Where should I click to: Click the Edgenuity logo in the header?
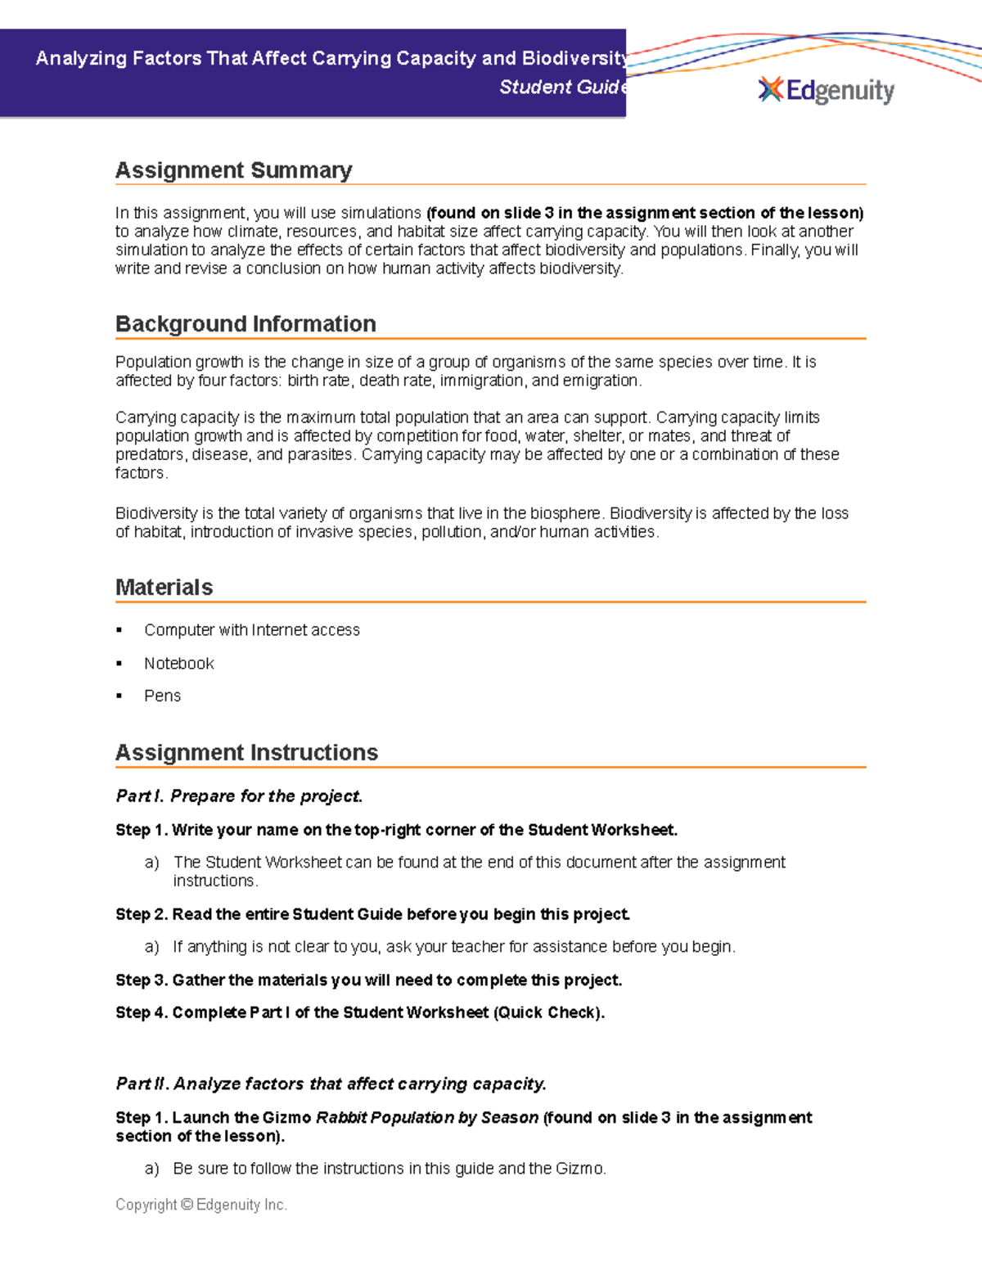[x=827, y=90]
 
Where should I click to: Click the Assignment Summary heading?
[x=233, y=170]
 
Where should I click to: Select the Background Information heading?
[x=245, y=324]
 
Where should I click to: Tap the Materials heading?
[x=164, y=588]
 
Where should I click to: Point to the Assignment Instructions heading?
[x=246, y=753]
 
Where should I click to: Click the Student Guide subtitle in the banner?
[x=563, y=88]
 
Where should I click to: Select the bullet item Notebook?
[x=178, y=664]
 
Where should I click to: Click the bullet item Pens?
[x=162, y=696]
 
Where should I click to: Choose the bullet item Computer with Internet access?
[x=251, y=630]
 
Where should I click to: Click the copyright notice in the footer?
[x=201, y=1205]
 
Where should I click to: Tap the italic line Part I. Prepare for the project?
[x=239, y=796]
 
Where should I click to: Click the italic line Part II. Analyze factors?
[x=331, y=1084]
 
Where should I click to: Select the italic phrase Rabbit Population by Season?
[x=426, y=1118]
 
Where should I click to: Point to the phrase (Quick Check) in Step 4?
[x=548, y=1013]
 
